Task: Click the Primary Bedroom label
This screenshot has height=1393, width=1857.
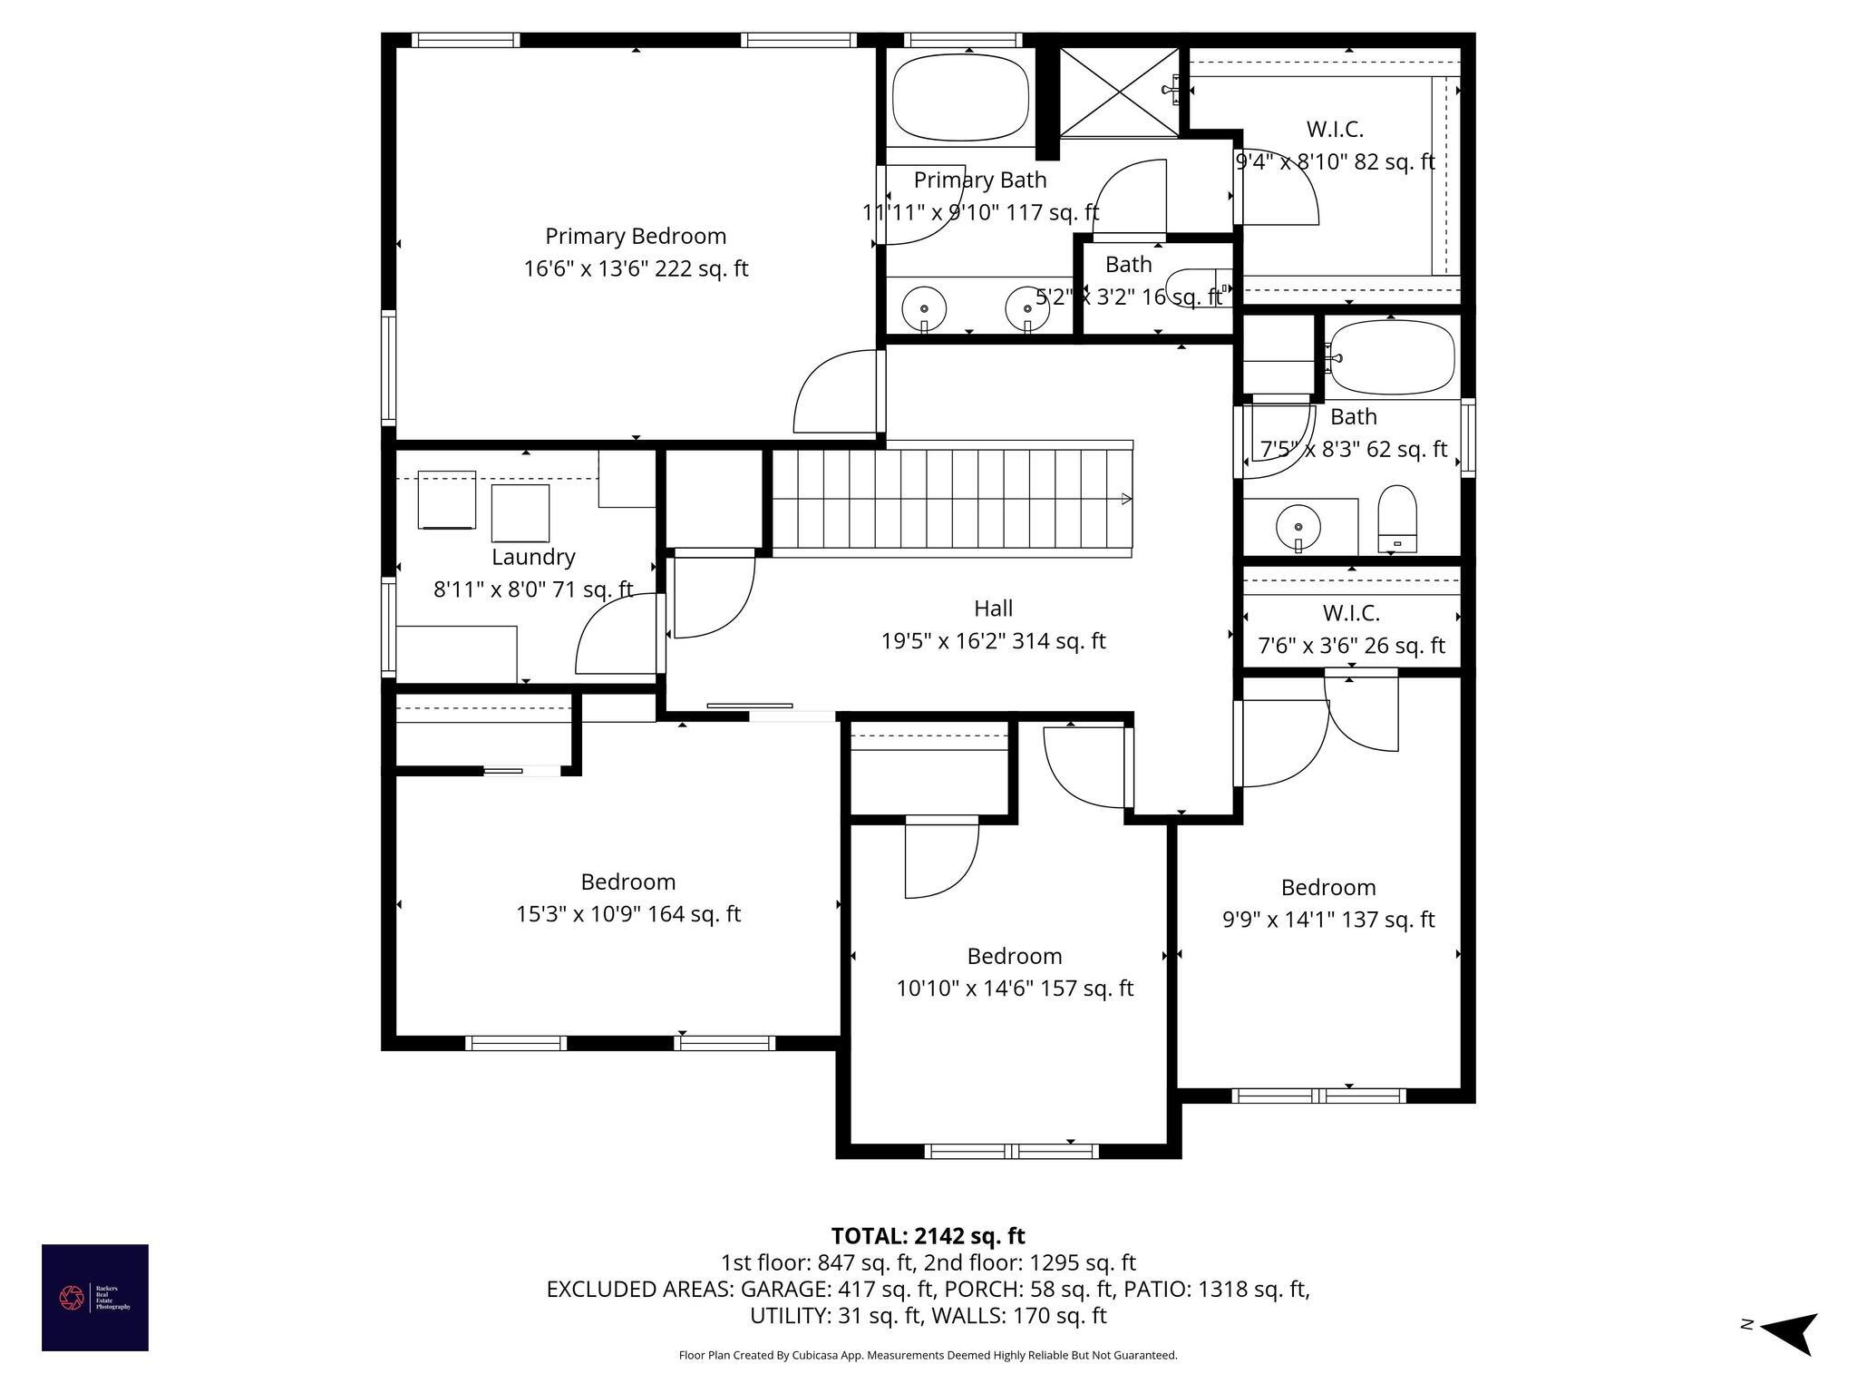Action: (636, 236)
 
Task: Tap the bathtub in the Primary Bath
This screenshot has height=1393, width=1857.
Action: (960, 97)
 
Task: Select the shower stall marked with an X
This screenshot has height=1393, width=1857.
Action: (1120, 93)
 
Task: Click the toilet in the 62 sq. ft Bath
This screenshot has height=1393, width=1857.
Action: (1396, 517)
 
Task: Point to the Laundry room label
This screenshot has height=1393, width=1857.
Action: (533, 557)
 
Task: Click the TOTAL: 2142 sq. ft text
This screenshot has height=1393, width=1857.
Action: (928, 1236)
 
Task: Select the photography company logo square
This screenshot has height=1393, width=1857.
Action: (95, 1297)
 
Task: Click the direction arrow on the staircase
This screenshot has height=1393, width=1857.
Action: (1126, 499)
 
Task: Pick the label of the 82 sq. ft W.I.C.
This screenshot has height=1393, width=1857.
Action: (1335, 129)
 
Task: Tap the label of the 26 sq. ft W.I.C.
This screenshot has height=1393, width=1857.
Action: (1351, 613)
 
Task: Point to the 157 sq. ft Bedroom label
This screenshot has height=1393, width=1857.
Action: (1014, 956)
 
